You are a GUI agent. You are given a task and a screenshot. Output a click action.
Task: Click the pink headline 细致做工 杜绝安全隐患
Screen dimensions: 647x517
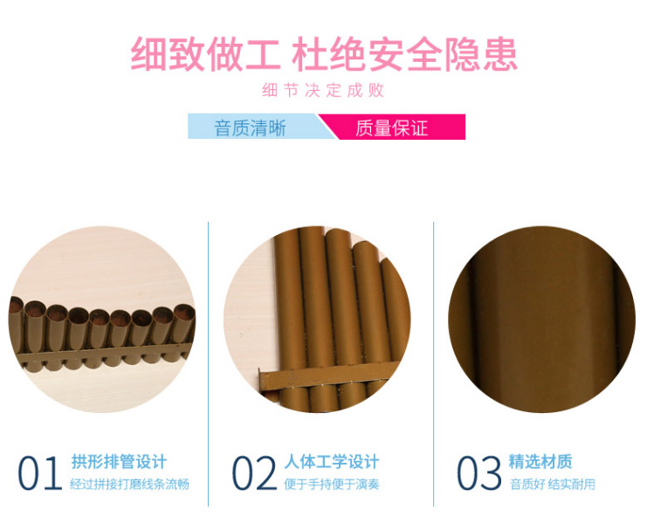coord(324,54)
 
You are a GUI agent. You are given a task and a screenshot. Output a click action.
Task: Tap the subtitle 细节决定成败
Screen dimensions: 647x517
coord(323,90)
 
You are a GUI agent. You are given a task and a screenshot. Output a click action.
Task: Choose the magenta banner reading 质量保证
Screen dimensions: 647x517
coord(392,127)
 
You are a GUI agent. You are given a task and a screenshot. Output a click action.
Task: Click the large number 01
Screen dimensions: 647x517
coord(39,472)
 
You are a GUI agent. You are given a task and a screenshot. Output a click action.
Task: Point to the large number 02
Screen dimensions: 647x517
coord(254,472)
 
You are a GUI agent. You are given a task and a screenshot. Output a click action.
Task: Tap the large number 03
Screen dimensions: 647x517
coord(479,472)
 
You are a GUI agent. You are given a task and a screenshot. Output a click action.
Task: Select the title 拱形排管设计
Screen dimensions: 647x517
coord(119,462)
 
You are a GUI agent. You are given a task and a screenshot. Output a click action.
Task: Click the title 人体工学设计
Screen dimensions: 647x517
coord(332,462)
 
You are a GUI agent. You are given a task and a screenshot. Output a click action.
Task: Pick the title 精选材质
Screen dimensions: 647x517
coord(540,462)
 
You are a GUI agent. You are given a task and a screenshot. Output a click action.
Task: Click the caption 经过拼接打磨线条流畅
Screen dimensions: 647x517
coord(129,484)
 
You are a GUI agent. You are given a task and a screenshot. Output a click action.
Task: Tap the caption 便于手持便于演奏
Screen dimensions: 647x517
coord(332,484)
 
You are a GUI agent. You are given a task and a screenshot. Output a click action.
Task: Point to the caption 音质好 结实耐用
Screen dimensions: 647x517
coord(553,484)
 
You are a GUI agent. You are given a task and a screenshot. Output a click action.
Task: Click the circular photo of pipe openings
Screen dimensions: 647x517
coord(102,319)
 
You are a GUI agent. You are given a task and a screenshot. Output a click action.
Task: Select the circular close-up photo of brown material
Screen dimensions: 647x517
coord(541,319)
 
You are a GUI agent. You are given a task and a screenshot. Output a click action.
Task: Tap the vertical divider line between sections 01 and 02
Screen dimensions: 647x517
coord(209,364)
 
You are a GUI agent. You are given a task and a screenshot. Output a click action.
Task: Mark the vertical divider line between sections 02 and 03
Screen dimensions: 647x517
coord(434,364)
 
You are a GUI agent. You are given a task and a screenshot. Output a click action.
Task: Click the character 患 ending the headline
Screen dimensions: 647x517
coord(500,54)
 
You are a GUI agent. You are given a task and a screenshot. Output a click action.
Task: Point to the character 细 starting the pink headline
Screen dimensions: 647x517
coord(148,54)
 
